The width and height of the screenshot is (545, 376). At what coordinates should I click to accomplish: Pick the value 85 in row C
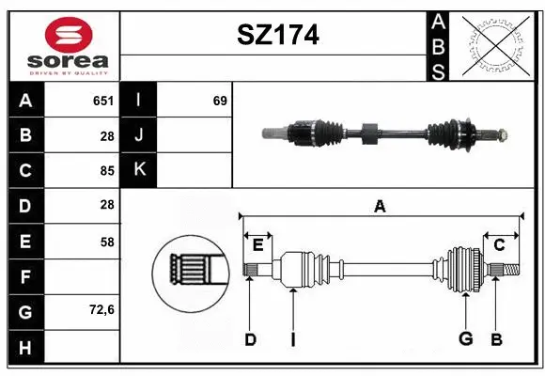tap(106, 171)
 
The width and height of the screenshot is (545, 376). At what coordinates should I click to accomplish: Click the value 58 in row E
tap(106, 242)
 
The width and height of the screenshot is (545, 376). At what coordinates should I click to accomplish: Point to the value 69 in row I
tap(220, 101)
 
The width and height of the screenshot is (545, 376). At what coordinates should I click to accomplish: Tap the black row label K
tap(139, 170)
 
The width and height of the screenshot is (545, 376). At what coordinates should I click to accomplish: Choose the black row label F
tap(25, 277)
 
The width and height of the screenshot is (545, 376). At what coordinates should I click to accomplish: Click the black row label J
tap(139, 135)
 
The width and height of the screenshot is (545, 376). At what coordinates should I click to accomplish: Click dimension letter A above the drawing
tap(380, 207)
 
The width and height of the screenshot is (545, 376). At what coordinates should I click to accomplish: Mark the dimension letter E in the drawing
tap(257, 245)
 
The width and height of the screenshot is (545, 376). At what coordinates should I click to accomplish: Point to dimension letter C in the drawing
tap(500, 245)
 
